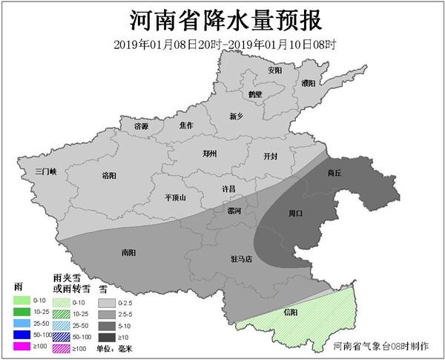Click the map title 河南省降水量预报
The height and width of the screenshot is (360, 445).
222,19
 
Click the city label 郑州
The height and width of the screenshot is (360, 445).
210,154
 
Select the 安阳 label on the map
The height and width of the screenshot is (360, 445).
275,71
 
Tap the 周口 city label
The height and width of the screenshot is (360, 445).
295,214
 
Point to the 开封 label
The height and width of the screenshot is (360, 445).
271,157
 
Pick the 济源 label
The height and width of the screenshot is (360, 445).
141,127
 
